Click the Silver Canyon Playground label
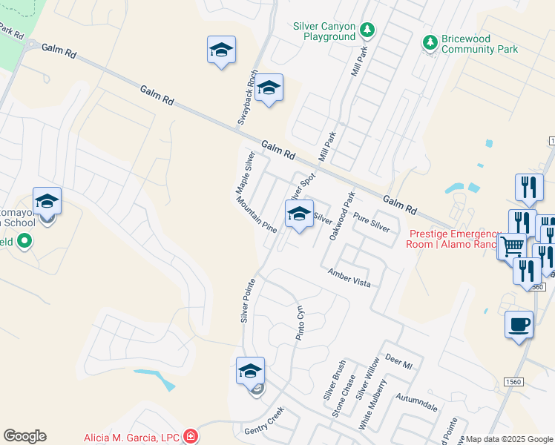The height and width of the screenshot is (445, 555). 324,30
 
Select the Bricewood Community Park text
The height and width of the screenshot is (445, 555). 479,44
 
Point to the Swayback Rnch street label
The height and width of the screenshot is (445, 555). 246,97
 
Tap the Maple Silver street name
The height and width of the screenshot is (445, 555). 245,173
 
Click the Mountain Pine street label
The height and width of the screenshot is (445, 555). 257,220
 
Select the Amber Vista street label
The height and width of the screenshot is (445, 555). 349,279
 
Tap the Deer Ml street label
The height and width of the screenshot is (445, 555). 398,363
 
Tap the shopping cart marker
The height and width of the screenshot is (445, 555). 511,245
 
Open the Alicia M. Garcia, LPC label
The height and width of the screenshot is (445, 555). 131,438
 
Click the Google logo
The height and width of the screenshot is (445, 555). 24,436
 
